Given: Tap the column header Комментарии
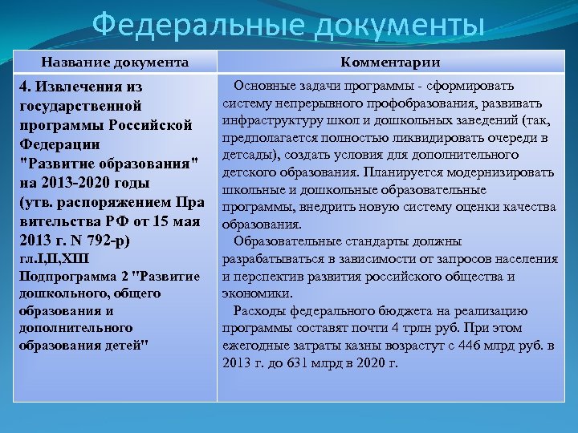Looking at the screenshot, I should coord(390,62).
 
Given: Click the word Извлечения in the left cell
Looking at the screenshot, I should coord(88,87).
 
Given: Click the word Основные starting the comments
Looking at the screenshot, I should coord(268,86).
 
